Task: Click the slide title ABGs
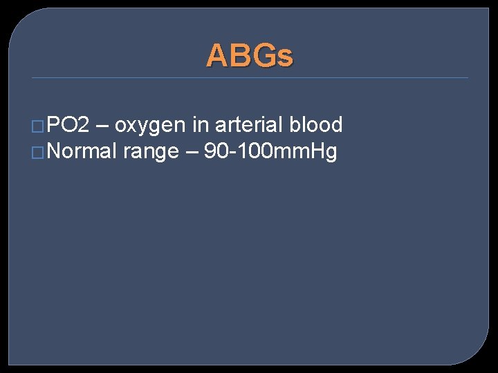pos(250,55)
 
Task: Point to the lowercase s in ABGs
pos(286,57)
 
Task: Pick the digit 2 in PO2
pos(84,125)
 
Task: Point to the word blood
pos(316,125)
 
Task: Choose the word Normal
pos(82,151)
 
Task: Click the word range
pos(151,153)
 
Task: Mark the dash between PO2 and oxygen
pos(102,126)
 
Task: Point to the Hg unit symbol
pos(324,152)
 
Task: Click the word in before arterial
pos(201,125)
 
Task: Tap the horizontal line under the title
pos(250,77)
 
